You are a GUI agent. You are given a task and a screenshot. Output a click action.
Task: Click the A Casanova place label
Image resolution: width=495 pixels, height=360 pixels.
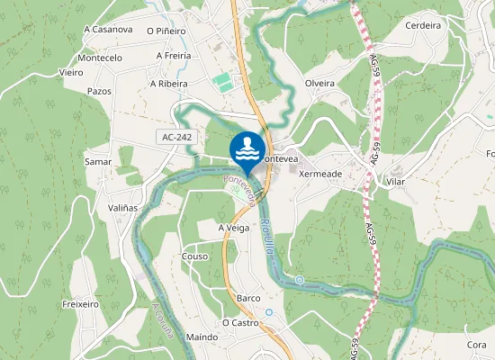(108, 29)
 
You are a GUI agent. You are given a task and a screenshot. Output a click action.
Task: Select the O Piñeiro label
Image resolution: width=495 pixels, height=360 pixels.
(166, 31)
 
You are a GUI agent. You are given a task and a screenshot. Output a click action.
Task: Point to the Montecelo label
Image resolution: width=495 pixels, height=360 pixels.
(100, 58)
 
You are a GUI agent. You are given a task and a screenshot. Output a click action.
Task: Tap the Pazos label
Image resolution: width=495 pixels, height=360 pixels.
(99, 92)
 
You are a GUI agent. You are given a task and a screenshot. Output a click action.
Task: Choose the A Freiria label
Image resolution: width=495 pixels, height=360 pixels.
(173, 56)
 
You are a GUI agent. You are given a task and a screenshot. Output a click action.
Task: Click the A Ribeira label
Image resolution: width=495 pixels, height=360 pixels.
(168, 84)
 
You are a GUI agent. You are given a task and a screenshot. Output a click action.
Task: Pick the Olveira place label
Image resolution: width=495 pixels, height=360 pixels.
(319, 84)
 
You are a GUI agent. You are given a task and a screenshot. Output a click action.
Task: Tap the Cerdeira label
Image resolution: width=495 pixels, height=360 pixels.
(423, 26)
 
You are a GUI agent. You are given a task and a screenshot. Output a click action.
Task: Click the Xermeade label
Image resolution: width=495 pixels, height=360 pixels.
(319, 173)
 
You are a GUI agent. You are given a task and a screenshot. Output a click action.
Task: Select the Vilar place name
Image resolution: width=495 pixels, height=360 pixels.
(395, 181)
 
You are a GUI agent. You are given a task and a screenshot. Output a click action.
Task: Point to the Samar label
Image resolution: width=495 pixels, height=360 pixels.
(97, 162)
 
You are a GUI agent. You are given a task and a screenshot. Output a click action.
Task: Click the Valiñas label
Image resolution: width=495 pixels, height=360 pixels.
(122, 207)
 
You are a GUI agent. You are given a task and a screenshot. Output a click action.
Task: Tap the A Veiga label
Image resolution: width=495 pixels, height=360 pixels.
(233, 229)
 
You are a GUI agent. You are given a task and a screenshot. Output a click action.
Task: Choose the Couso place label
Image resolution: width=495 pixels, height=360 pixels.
(194, 256)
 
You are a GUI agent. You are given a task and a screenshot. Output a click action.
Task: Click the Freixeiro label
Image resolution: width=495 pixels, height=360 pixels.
(81, 305)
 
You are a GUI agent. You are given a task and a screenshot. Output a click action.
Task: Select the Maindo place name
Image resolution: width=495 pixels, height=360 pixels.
(202, 337)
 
